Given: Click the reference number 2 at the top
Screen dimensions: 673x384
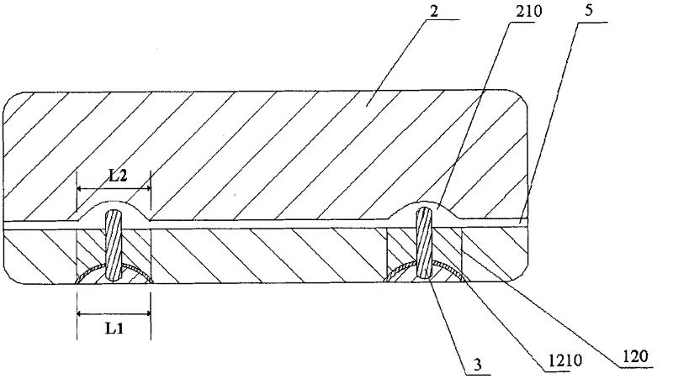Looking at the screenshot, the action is pos(434,11).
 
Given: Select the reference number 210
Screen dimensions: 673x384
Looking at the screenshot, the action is pos(528,12).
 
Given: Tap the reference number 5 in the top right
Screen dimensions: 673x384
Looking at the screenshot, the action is pos(589,10).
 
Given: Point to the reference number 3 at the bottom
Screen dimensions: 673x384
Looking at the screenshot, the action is pos(478,364).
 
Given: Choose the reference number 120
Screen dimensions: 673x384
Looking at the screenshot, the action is pos(635,356).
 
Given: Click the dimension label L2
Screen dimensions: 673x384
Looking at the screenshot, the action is pos(117,176).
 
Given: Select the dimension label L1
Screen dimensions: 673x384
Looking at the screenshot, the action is pos(114,329).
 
